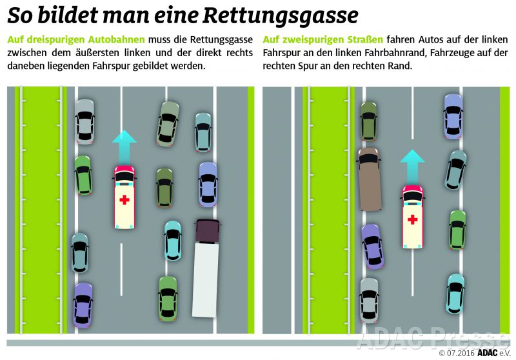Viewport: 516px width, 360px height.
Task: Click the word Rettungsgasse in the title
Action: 281,15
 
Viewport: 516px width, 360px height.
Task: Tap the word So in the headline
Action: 20,15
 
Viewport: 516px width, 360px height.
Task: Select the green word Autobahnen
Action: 116,39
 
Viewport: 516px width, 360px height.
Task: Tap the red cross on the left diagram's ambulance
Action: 124,200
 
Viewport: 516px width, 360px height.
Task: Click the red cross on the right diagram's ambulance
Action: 413,219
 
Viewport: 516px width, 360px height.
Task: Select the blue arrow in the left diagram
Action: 124,147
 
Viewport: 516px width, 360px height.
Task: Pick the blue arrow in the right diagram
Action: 413,167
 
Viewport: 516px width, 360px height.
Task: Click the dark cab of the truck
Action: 207,232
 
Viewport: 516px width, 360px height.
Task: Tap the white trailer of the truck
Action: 205,281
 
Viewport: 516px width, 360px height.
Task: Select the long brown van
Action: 369,179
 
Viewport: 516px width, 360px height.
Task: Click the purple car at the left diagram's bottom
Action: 83,305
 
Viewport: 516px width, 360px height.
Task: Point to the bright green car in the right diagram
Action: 457,230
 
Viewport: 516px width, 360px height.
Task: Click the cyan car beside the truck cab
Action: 172,241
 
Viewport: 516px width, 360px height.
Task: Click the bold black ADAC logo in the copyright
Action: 488,353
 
